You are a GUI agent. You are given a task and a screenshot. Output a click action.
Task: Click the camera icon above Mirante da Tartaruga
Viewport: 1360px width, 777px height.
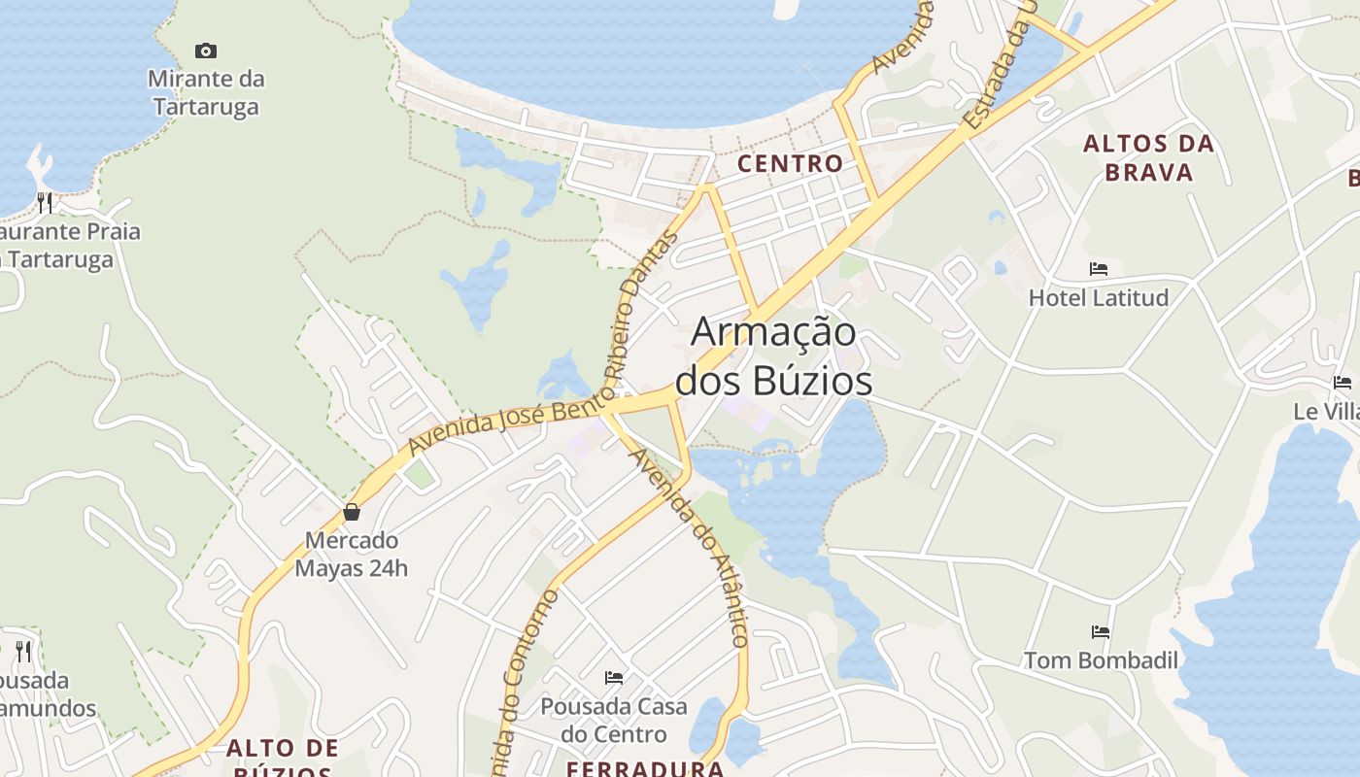[x=206, y=51]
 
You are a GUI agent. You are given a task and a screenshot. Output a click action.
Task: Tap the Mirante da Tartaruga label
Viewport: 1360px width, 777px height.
[x=206, y=92]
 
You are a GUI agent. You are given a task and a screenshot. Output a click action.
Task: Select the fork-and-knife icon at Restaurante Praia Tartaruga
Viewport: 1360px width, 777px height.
[x=45, y=202]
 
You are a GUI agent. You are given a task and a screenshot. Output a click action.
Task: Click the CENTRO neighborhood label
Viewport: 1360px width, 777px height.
[x=790, y=163]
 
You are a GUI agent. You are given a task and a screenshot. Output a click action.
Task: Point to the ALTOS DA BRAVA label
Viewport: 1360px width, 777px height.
[x=1149, y=158]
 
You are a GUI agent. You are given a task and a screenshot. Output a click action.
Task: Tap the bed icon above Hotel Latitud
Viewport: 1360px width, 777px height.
[x=1099, y=268]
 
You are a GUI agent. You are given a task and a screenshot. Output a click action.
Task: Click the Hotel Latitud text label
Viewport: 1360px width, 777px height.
[x=1099, y=297]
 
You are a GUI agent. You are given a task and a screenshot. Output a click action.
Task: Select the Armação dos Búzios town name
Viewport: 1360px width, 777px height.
[x=774, y=356]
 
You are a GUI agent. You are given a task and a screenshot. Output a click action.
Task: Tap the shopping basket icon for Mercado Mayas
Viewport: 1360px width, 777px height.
[x=352, y=511]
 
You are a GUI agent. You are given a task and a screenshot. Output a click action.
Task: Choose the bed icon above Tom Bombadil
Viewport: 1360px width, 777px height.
[x=1101, y=631]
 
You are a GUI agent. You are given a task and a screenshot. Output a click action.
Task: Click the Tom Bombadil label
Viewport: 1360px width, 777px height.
[x=1101, y=660]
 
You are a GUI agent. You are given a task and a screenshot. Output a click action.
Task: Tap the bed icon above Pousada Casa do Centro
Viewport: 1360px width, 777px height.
[x=614, y=677]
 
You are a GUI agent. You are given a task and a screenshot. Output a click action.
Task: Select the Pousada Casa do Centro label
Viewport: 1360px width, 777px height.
[x=614, y=720]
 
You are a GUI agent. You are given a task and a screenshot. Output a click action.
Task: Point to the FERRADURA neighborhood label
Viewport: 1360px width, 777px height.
[x=645, y=768]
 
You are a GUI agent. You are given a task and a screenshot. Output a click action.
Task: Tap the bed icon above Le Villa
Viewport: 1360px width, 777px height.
[x=1343, y=382]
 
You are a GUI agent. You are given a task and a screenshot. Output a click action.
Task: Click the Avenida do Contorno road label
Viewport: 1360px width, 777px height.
[x=525, y=680]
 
